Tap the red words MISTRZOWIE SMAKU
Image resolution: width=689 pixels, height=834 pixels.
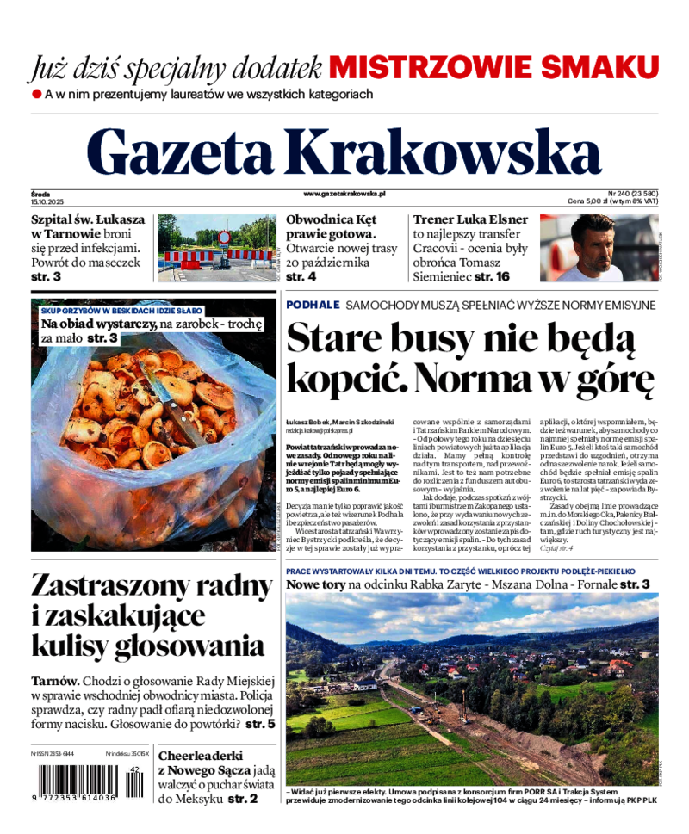[493, 66]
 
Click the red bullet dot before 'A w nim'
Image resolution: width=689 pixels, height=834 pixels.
[36, 93]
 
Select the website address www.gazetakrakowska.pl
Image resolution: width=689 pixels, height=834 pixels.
[344, 195]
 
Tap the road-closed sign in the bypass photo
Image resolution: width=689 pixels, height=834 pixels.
[224, 237]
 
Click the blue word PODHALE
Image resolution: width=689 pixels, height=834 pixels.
[313, 305]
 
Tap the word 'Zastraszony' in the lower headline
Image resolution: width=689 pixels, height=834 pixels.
[115, 585]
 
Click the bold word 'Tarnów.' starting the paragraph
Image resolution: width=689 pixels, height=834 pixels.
[55, 680]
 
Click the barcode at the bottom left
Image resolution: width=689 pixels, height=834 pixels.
[78, 785]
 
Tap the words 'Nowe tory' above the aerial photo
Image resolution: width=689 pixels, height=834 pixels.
[315, 584]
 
